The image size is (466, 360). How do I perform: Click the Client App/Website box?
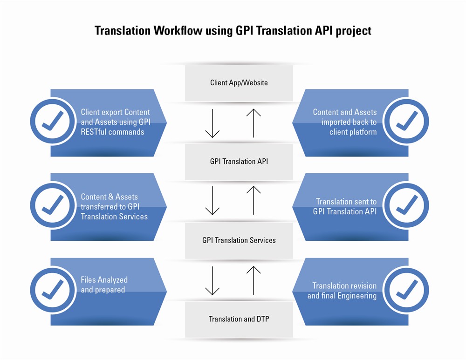point(239,83)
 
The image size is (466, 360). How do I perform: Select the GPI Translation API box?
point(239,162)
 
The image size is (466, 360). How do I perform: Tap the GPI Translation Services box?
point(239,240)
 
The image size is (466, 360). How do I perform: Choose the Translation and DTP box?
point(239,319)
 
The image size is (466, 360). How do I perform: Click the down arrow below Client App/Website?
point(212,123)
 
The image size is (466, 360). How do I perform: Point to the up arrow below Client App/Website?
point(254,123)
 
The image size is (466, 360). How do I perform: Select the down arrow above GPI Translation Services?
point(212,200)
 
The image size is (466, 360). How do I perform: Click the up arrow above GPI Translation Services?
point(254,200)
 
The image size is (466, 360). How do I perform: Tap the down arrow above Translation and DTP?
point(212,280)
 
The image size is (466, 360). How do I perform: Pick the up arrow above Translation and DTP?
point(254,280)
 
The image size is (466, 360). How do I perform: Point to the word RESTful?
point(96,132)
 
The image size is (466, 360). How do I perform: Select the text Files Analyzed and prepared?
point(104,285)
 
